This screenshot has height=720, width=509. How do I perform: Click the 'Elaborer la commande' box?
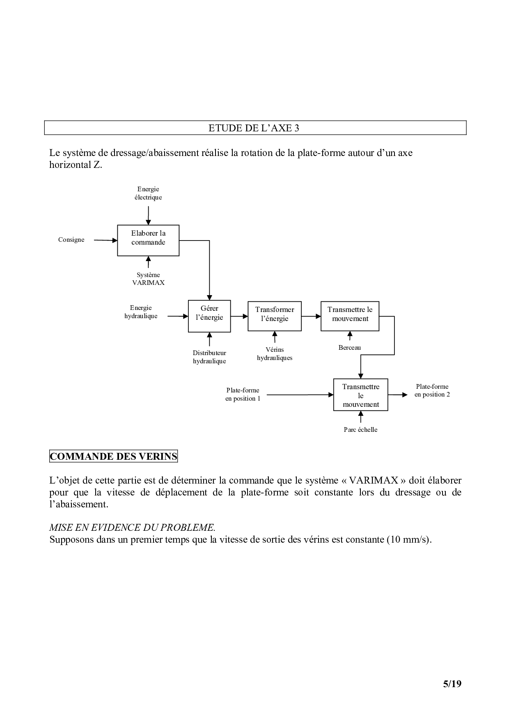pos(148,240)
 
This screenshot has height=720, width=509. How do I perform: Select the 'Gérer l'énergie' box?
pos(209,316)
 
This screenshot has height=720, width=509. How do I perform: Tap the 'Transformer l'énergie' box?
pos(275,316)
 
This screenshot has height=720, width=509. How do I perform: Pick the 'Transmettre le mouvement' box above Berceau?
pos(350,316)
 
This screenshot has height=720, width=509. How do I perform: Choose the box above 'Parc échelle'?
pos(360,395)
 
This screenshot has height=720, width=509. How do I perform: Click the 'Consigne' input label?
pos(71,240)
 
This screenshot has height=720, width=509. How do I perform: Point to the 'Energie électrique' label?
pos(148,193)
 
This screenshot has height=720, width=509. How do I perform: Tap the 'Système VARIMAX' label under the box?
pos(148,279)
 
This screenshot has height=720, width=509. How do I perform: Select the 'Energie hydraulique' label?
pos(141,312)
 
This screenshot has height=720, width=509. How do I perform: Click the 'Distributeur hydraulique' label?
pos(209,357)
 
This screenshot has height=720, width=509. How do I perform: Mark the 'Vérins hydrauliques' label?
pos(275,354)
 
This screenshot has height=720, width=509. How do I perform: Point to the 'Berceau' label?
pos(350,348)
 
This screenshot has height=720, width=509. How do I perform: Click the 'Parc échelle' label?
pos(360,430)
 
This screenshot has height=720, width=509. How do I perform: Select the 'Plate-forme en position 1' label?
pos(243,394)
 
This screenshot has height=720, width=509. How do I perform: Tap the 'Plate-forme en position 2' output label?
pos(432,390)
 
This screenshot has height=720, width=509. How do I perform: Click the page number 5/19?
pos(452,684)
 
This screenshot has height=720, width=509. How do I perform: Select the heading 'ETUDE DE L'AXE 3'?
pos(254,128)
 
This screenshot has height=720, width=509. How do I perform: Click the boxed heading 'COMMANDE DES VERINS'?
pos(113,456)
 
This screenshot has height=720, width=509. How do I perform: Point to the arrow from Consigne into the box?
pos(105,240)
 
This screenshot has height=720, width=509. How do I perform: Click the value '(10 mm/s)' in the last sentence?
pos(408,539)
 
